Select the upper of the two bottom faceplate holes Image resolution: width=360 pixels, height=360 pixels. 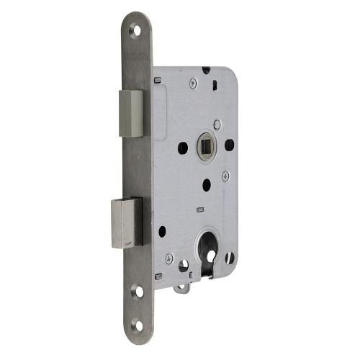click(x=137, y=292)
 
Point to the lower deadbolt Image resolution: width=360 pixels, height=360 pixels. click(x=127, y=222)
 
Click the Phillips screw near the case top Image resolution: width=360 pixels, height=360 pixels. click(x=193, y=84)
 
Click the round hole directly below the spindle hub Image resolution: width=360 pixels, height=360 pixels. click(x=206, y=185)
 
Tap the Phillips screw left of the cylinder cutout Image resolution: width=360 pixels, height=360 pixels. click(x=168, y=258)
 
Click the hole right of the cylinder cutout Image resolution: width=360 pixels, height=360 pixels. click(x=230, y=257)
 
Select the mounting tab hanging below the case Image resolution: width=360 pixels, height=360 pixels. click(x=182, y=287)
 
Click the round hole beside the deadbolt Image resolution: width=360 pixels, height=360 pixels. click(x=162, y=232)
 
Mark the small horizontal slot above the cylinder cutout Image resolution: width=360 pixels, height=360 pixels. click(x=198, y=210)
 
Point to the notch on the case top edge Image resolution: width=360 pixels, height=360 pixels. click(x=207, y=70)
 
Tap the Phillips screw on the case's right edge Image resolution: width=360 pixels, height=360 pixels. click(x=225, y=175)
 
